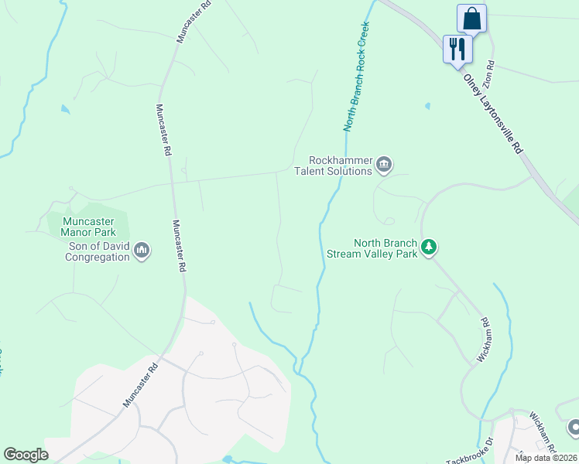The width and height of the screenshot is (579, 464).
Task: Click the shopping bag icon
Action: click(x=471, y=18)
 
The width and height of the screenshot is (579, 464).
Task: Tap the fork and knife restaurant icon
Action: click(x=457, y=49)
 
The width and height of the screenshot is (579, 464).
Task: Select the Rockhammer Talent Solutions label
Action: click(x=333, y=165)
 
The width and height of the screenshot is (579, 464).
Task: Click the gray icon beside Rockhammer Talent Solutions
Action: click(x=384, y=165)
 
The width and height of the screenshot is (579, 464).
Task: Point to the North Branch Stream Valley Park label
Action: click(x=385, y=248)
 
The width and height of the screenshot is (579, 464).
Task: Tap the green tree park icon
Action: click(x=429, y=247)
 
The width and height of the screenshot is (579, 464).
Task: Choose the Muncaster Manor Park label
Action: click(x=88, y=226)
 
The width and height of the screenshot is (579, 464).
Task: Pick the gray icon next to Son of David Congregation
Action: click(x=141, y=251)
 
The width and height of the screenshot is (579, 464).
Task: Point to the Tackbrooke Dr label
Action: click(x=467, y=450)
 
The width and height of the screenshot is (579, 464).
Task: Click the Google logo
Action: click(x=26, y=455)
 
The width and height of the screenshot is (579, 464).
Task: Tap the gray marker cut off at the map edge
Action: click(x=574, y=427)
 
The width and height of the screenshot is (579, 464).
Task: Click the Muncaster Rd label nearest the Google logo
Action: click(x=140, y=383)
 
